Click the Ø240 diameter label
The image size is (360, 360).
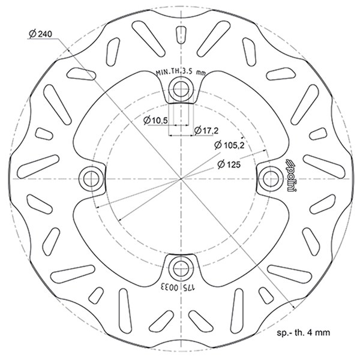[41, 34]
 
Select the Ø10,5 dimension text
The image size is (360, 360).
[156, 120]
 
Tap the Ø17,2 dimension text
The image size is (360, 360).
[206, 130]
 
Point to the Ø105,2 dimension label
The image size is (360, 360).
[229, 145]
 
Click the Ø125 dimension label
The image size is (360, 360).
[229, 164]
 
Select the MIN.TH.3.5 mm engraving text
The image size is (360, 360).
[181, 72]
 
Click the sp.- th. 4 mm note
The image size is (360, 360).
[304, 332]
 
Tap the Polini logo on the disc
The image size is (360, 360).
[292, 175]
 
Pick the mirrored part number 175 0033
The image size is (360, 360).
[179, 287]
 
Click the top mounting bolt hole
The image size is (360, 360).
[181, 89]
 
